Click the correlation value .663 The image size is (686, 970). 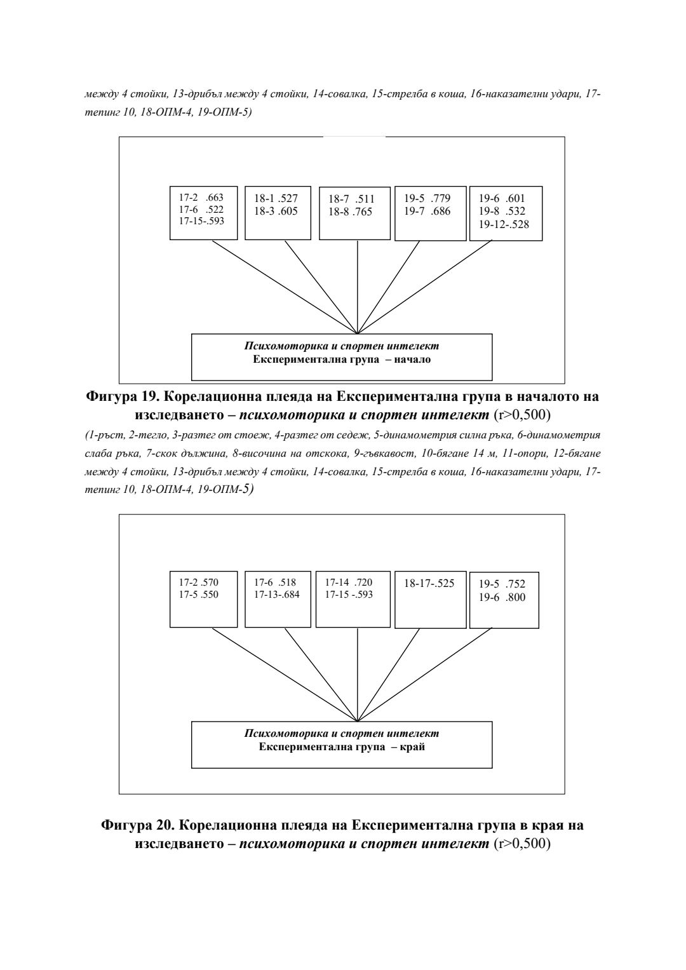click(x=214, y=198)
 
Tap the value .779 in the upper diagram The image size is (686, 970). click(x=440, y=198)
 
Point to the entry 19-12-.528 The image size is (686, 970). click(x=504, y=225)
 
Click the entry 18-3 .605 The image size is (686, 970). click(x=276, y=212)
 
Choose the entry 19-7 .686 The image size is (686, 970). click(x=427, y=212)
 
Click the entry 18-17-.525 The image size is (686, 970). click(x=429, y=583)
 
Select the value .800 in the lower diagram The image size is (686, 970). click(x=515, y=597)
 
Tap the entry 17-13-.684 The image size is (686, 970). click(x=277, y=595)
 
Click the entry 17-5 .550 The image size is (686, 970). click(x=198, y=595)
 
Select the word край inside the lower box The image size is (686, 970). click(x=413, y=747)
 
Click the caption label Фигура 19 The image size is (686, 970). click(x=121, y=397)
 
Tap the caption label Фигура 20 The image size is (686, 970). click(x=138, y=826)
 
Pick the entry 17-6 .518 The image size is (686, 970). click(x=275, y=582)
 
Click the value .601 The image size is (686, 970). click(x=515, y=198)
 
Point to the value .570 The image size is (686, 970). click(x=209, y=582)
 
